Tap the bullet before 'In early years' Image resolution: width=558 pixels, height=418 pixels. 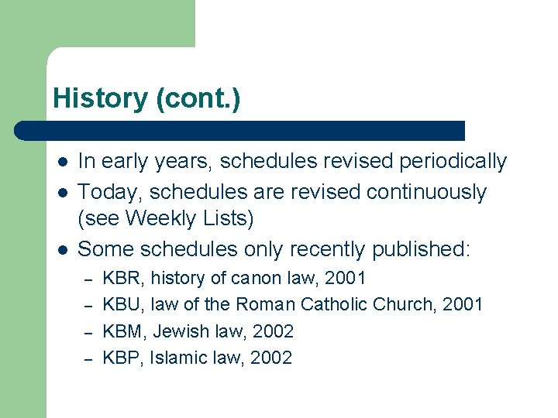coord(61,162)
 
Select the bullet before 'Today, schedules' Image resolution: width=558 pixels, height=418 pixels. coord(61,192)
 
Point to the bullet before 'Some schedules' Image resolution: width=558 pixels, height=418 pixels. coord(61,249)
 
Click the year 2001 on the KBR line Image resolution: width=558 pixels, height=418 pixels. coord(345,278)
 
